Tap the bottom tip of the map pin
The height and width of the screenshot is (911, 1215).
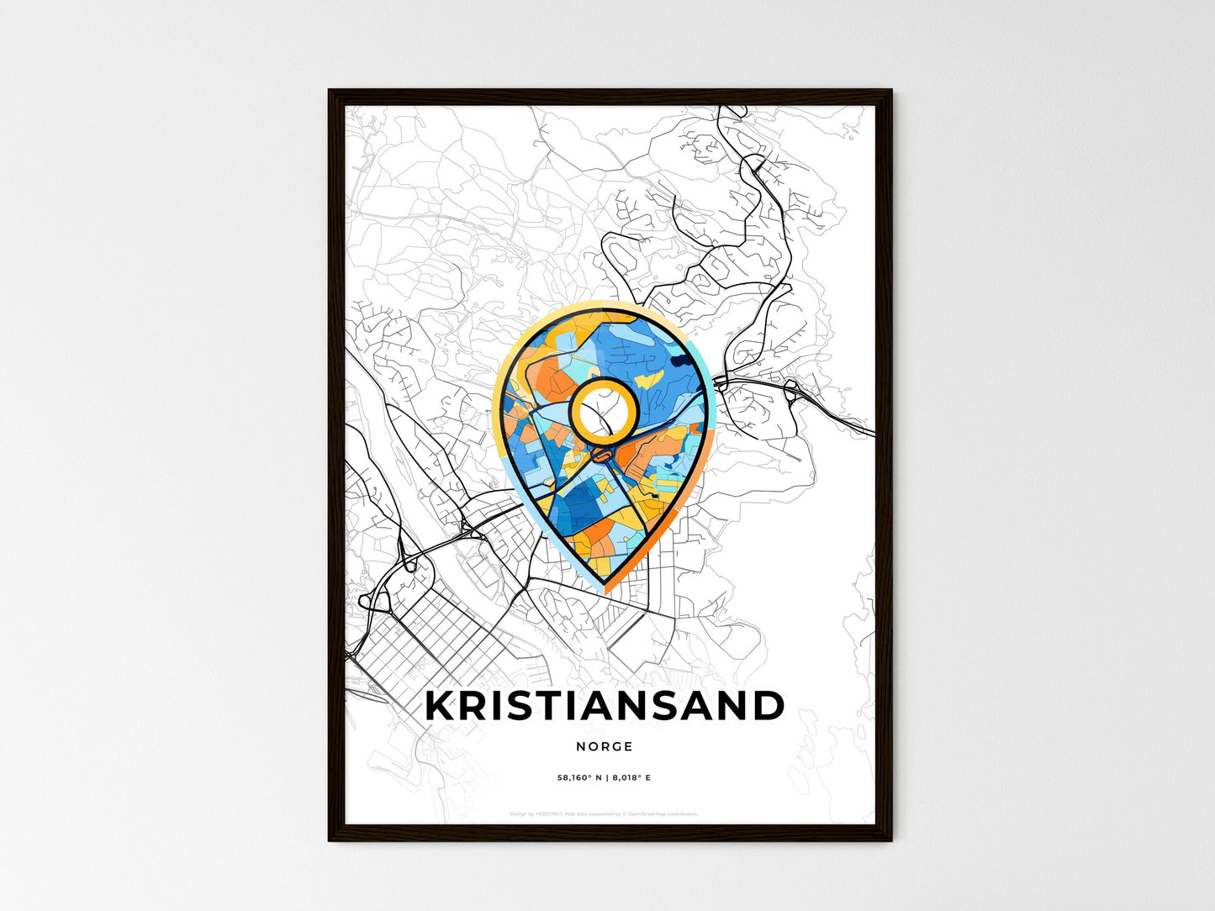(x=605, y=592)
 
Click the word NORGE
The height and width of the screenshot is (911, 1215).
(x=605, y=746)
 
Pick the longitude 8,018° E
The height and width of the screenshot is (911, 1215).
(x=631, y=778)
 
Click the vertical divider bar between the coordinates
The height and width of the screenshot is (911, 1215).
(x=605, y=778)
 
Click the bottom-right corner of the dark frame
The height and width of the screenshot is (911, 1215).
(x=890, y=840)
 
